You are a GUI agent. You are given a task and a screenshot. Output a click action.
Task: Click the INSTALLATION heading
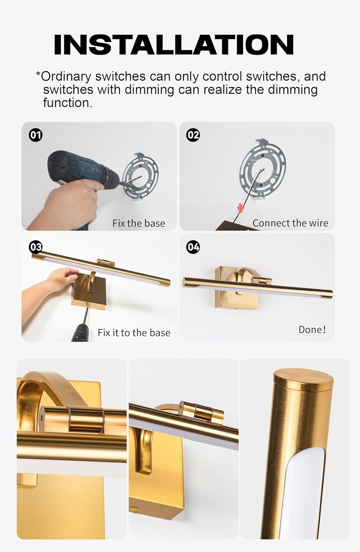(x=173, y=45)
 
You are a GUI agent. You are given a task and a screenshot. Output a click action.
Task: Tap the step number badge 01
(x=36, y=135)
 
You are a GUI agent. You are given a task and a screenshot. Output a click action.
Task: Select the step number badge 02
(x=193, y=135)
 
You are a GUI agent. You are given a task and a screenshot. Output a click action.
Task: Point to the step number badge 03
(x=36, y=247)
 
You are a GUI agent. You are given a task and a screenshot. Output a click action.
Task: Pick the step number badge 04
(x=193, y=247)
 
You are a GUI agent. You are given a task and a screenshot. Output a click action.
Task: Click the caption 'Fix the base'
(x=138, y=223)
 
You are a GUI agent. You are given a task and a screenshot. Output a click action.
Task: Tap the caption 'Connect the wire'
(x=290, y=223)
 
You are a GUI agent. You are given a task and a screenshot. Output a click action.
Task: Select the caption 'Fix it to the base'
(x=134, y=333)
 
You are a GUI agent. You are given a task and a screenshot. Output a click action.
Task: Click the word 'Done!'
(x=312, y=329)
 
